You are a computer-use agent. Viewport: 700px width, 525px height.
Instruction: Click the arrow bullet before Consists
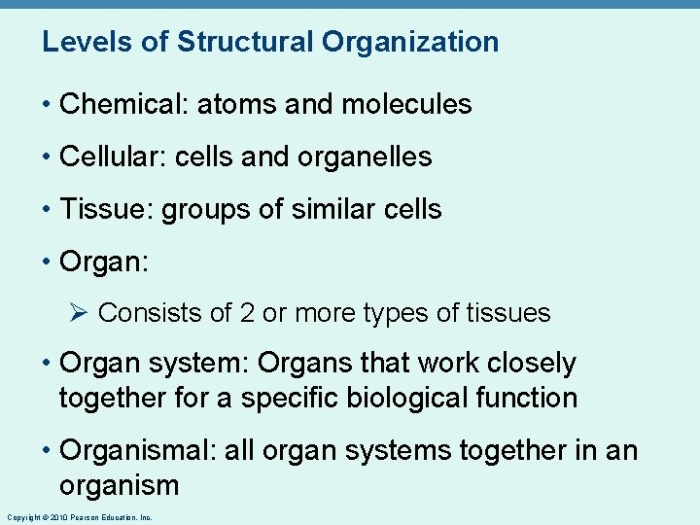pyautogui.click(x=81, y=313)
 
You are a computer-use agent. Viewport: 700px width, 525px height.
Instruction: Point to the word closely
pyautogui.click(x=536, y=364)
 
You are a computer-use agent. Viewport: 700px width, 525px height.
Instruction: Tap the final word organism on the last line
pyautogui.click(x=120, y=485)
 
